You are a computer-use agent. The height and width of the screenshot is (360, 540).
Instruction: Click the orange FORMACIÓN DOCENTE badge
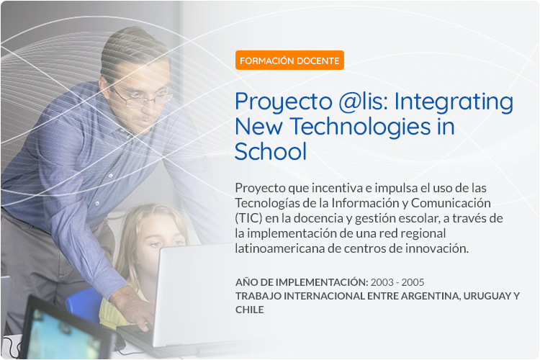coord(289,60)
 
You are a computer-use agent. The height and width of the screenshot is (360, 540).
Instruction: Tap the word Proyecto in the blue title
coord(284,103)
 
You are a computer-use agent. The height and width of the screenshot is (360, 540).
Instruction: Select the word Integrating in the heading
coord(454,103)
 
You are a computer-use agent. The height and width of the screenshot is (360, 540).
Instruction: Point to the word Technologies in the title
coord(360,127)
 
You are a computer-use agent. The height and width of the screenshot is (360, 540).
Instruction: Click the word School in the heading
coord(270,151)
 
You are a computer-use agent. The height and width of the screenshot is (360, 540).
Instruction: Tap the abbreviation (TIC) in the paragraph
coord(248,218)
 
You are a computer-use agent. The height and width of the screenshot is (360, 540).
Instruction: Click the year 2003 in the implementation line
coord(382,282)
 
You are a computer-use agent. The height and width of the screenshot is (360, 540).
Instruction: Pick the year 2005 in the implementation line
coord(413,282)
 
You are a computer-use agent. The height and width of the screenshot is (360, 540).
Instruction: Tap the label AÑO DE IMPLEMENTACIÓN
coord(302,282)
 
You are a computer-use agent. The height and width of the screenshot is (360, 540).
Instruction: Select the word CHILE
coord(250,310)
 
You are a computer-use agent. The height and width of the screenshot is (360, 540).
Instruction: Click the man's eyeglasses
coord(141,97)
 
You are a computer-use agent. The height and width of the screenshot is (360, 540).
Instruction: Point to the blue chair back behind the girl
coord(85,305)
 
